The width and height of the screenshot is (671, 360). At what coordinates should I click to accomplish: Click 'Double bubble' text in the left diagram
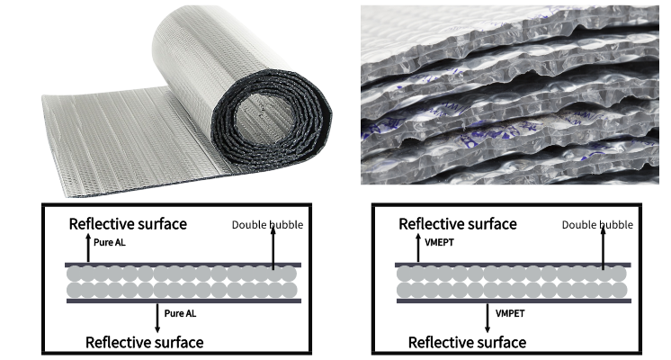click(x=268, y=224)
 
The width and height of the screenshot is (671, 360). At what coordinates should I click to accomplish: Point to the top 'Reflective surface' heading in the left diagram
click(x=128, y=223)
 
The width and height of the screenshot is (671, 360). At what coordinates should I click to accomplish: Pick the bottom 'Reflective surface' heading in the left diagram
click(x=144, y=342)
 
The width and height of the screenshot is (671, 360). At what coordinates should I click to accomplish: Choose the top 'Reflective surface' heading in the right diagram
click(x=458, y=223)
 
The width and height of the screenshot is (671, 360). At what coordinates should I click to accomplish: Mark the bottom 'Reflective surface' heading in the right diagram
click(x=467, y=342)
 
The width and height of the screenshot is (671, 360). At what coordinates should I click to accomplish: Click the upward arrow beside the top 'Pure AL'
click(x=87, y=247)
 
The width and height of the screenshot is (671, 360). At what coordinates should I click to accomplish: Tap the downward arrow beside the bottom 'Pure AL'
click(x=158, y=317)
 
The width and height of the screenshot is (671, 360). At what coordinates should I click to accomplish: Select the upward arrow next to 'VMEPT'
click(x=417, y=247)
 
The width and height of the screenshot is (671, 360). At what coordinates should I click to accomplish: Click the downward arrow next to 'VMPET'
click(x=488, y=317)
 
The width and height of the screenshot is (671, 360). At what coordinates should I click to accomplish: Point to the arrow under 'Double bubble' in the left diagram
click(x=273, y=247)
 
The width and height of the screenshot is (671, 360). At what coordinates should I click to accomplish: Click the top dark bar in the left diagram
click(x=183, y=265)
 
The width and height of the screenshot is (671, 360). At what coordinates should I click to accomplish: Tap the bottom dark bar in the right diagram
click(x=512, y=300)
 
